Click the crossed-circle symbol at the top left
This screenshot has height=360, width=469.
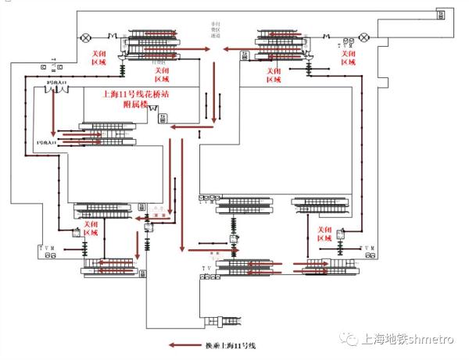tap(85, 37)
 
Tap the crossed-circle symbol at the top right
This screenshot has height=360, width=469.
tap(364, 37)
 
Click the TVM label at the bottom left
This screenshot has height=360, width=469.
tap(48, 248)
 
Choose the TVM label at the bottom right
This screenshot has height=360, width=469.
tap(367, 248)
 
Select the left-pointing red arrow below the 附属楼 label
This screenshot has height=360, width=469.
tap(185, 126)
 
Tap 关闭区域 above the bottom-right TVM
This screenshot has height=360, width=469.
tap(324, 232)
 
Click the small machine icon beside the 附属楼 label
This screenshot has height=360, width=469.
tap(163, 117)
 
